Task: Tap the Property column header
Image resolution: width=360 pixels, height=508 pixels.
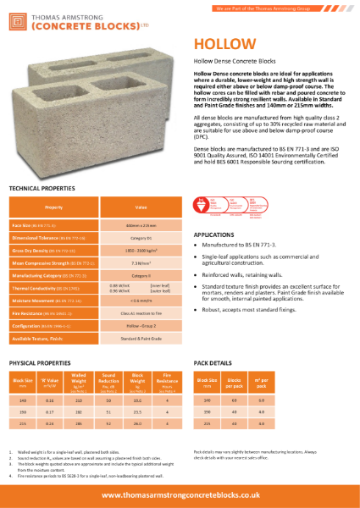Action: [x=53, y=206]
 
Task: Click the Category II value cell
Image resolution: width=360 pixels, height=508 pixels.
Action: [x=141, y=276]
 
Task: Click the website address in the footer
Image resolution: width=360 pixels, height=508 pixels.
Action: [x=180, y=494]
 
